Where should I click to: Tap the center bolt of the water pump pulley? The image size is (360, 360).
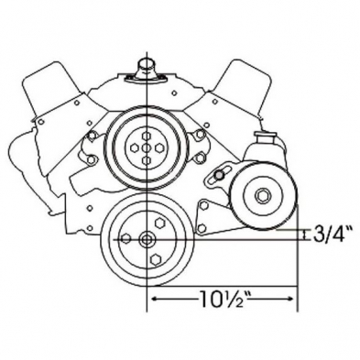[147, 147]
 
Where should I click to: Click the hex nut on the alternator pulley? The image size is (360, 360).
[262, 196]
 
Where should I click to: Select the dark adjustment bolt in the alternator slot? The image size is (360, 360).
[219, 175]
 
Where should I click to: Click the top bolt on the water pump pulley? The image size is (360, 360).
[147, 136]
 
